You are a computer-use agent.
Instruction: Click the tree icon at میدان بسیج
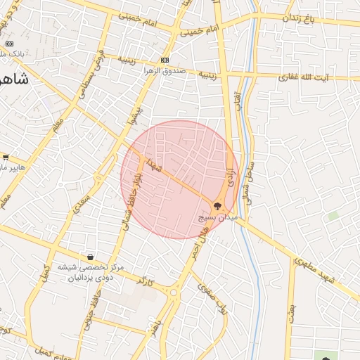[217, 205]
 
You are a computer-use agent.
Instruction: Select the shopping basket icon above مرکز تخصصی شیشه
[90, 257]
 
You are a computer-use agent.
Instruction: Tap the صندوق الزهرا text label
[166, 71]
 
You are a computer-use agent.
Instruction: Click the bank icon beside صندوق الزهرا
[165, 60]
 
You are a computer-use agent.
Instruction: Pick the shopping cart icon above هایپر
[6, 157]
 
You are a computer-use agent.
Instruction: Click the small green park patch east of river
[333, 216]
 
